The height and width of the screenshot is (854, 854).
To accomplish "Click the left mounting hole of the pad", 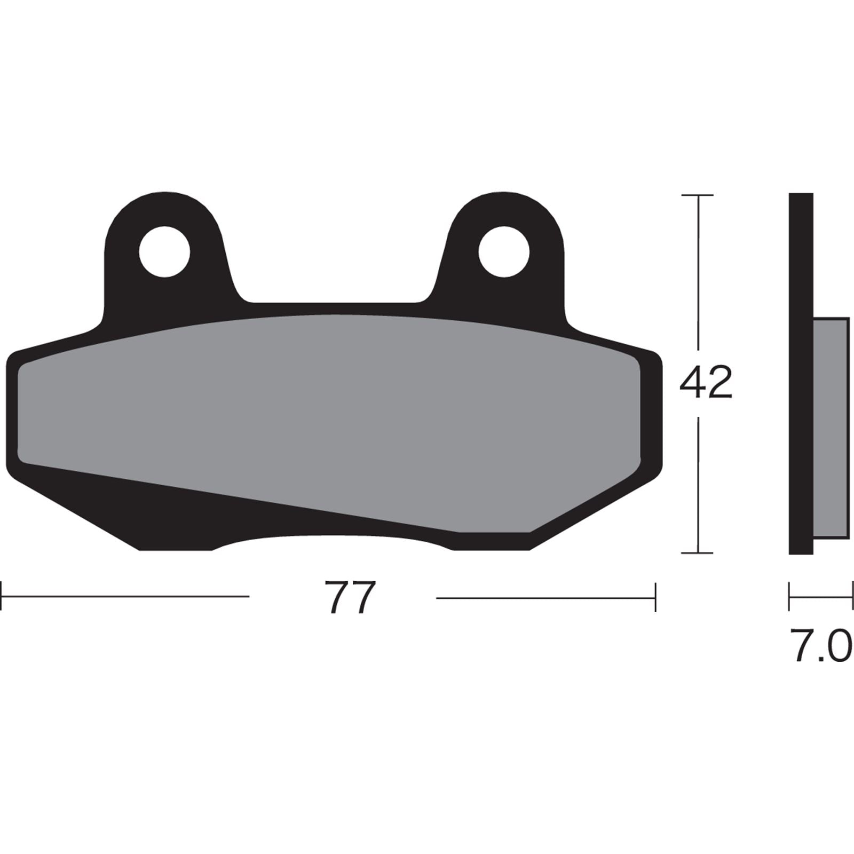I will tap(164, 251).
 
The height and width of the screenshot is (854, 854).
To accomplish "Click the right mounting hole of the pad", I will tap(504, 251).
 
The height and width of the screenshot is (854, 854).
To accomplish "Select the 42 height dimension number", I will tap(706, 383).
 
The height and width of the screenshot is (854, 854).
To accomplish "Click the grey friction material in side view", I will tap(831, 427).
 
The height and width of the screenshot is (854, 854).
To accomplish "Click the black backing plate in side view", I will tap(801, 374).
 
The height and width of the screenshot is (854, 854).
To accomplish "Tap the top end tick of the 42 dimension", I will tap(698, 195).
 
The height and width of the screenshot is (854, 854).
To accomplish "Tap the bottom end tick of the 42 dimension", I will tap(698, 553).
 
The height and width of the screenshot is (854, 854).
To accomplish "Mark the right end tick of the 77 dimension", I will tap(655, 597).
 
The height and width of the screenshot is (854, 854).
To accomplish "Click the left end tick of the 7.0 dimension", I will tap(789, 596).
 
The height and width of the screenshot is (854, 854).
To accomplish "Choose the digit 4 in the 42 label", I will tap(692, 383).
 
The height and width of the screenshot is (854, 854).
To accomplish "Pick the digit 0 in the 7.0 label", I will tap(838, 645).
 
